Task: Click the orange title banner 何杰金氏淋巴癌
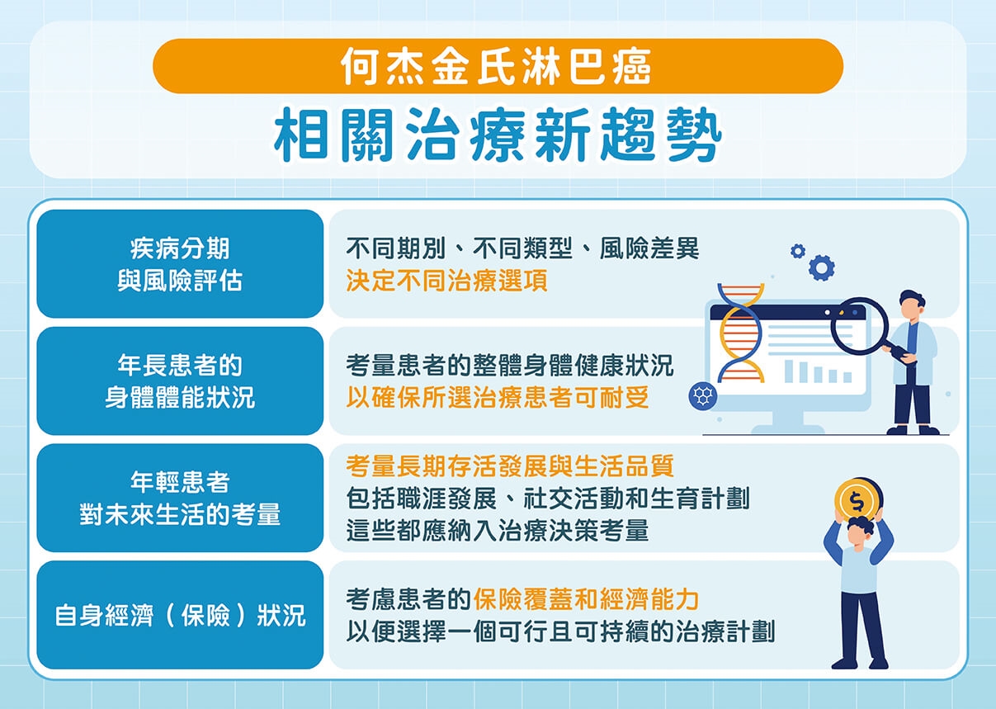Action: [x=498, y=66]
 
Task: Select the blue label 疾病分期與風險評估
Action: [x=180, y=264]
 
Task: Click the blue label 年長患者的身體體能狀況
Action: [x=180, y=380]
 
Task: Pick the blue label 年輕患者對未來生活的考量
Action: [x=180, y=498]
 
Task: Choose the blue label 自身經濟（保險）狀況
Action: [x=180, y=615]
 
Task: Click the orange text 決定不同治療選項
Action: [x=446, y=281]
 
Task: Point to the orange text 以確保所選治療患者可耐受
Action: [x=497, y=398]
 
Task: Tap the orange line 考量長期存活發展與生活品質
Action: [x=510, y=466]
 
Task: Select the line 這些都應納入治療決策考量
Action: [x=497, y=531]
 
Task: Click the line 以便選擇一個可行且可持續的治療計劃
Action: [x=560, y=632]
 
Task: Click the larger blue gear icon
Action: [x=821, y=267]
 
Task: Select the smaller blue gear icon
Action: [x=797, y=250]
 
